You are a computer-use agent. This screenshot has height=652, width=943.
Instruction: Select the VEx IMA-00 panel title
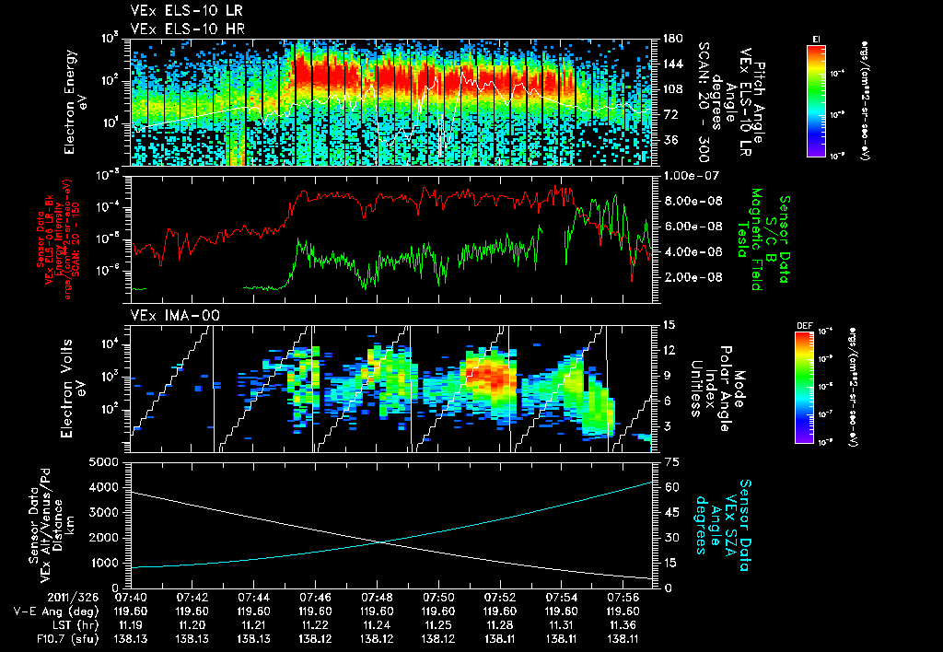[x=166, y=316]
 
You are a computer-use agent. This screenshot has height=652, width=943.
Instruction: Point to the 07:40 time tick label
[x=132, y=598]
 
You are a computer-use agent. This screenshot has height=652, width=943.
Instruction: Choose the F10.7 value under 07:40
[x=132, y=637]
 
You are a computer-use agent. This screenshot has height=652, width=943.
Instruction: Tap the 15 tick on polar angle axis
[x=661, y=325]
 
